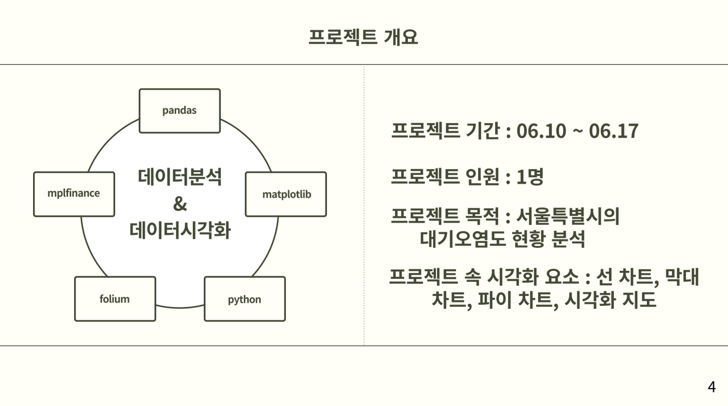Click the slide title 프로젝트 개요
pos(363,37)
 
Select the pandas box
pos(180,111)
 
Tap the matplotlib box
pos(286,194)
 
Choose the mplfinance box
pos(74,194)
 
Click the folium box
pos(115,299)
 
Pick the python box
pos(245,299)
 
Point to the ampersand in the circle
pos(180,204)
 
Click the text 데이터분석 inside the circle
pos(180,177)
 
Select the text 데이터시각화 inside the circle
pos(180,230)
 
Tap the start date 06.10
pos(541,131)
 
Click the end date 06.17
pos(614,131)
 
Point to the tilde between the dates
pos(577,131)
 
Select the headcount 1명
pos(530,177)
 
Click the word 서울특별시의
pos(568,216)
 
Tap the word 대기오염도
pos(463,239)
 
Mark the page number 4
pos(712,387)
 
